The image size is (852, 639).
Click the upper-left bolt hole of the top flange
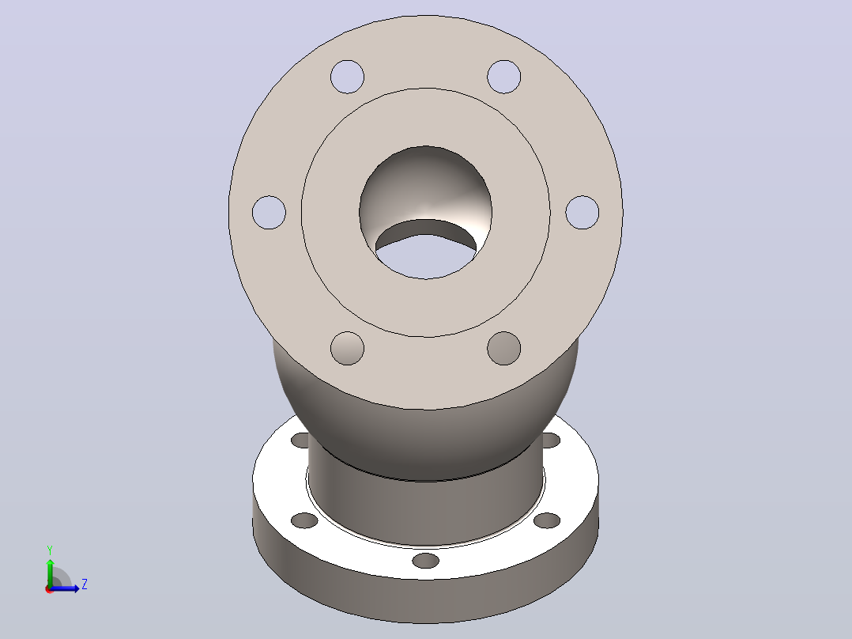(347, 77)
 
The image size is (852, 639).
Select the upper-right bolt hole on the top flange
(503, 77)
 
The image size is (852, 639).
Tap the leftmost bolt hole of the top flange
(269, 212)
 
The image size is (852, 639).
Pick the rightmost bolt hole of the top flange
(582, 212)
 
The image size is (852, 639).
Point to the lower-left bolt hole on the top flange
(347, 348)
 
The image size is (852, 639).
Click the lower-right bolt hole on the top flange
(503, 348)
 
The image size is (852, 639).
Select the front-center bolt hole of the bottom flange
(425, 561)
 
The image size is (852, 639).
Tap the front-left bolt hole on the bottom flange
(304, 520)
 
